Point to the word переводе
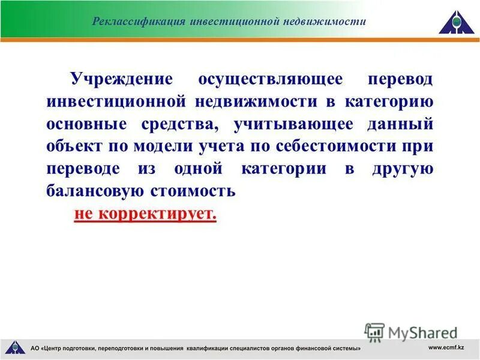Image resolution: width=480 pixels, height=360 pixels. coord(83,169)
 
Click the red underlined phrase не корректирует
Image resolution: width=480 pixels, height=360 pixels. coord(145,214)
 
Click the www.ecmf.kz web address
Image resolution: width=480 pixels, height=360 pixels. coord(447,347)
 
